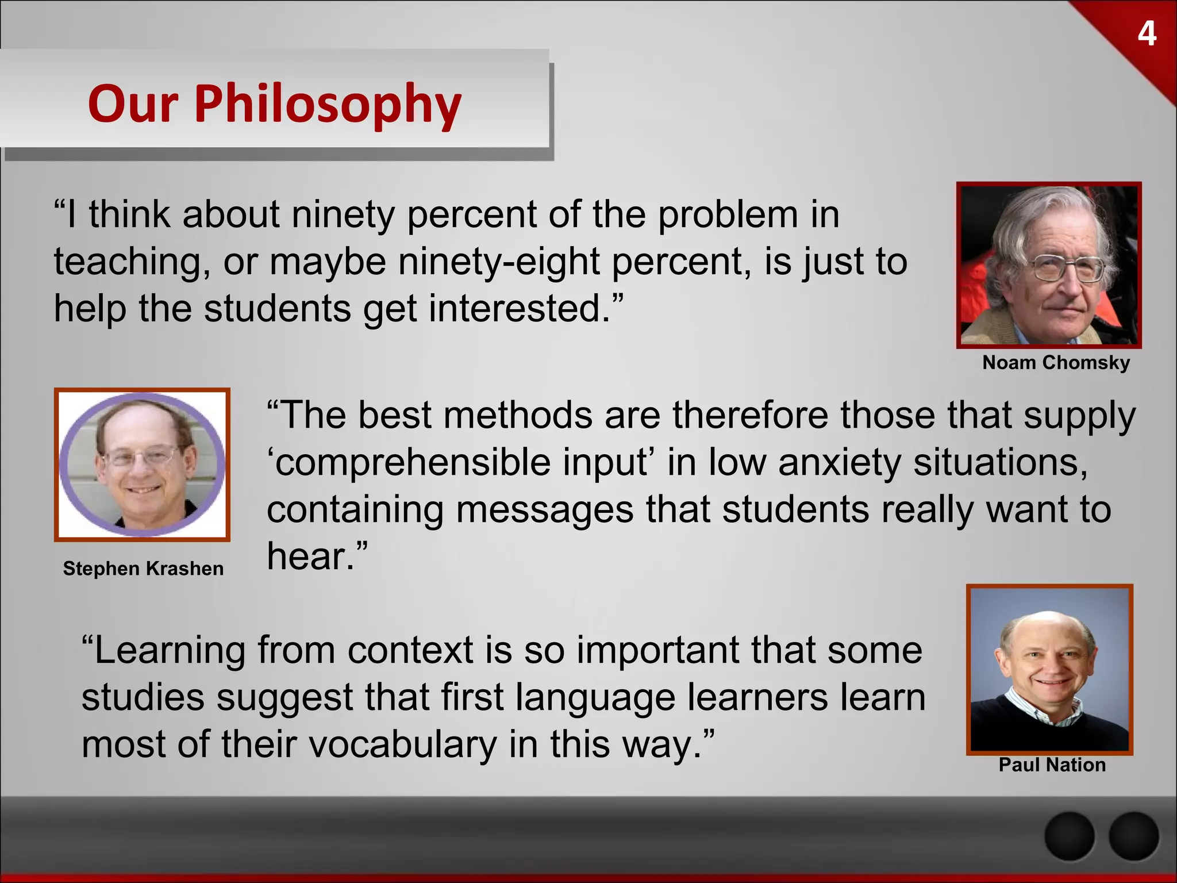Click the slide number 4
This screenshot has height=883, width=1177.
[1147, 34]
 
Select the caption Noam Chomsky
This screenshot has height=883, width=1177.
[1056, 363]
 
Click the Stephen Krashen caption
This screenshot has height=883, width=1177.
[143, 569]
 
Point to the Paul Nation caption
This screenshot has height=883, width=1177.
[1052, 765]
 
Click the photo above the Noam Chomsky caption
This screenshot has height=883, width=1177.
[1049, 265]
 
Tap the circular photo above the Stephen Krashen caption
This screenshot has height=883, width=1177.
[143, 464]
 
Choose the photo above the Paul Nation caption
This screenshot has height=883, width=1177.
[1049, 669]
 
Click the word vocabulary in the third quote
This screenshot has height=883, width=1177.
[403, 744]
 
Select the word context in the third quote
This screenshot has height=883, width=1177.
[410, 651]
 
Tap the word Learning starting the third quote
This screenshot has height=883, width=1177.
[170, 652]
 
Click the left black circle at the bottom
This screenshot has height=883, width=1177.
[1069, 837]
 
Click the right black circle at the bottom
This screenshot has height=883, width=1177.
[1133, 837]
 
